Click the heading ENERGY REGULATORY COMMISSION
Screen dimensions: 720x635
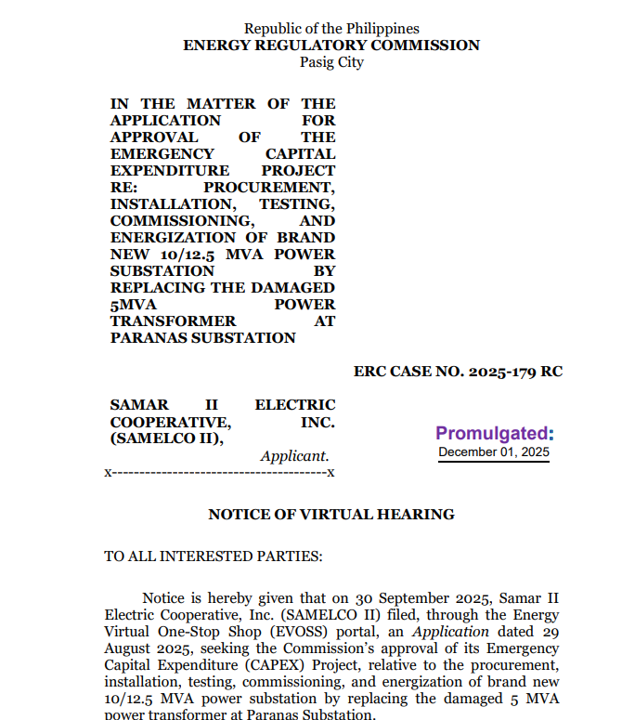[331, 46]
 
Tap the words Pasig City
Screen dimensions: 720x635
[331, 62]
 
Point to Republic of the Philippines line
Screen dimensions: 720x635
[331, 29]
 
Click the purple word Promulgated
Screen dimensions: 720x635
[494, 433]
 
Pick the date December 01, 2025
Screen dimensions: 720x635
[494, 452]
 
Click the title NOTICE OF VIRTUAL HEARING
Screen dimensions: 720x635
[331, 514]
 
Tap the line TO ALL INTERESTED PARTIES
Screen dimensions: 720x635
[214, 556]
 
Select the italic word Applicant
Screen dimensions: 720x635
[294, 456]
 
